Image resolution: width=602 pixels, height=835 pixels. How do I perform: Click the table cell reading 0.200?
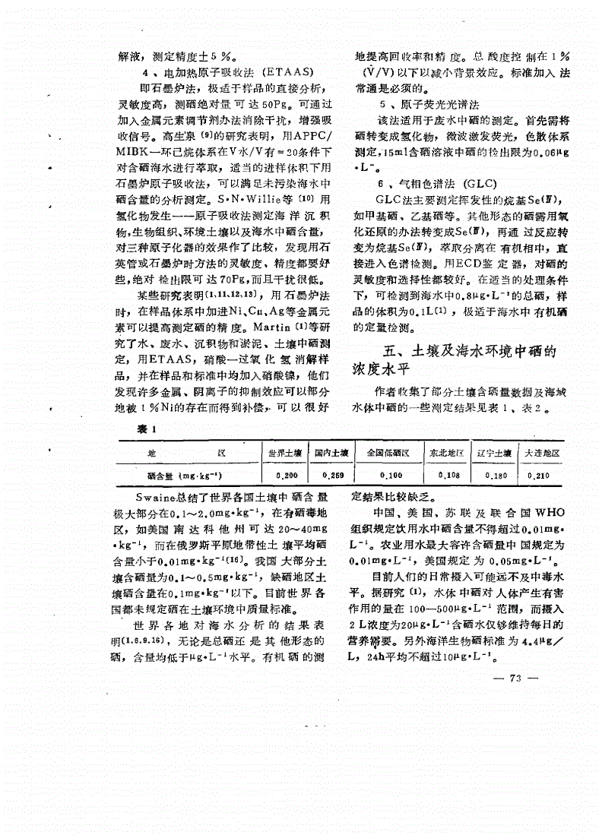tap(287, 475)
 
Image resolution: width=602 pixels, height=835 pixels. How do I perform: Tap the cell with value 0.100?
tap(391, 475)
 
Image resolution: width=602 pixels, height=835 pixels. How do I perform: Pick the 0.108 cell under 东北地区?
tap(449, 475)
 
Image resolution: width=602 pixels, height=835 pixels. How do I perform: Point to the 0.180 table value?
tap(496, 475)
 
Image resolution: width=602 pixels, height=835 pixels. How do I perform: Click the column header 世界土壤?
tap(287, 453)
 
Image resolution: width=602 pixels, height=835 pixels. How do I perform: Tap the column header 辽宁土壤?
tap(496, 453)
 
